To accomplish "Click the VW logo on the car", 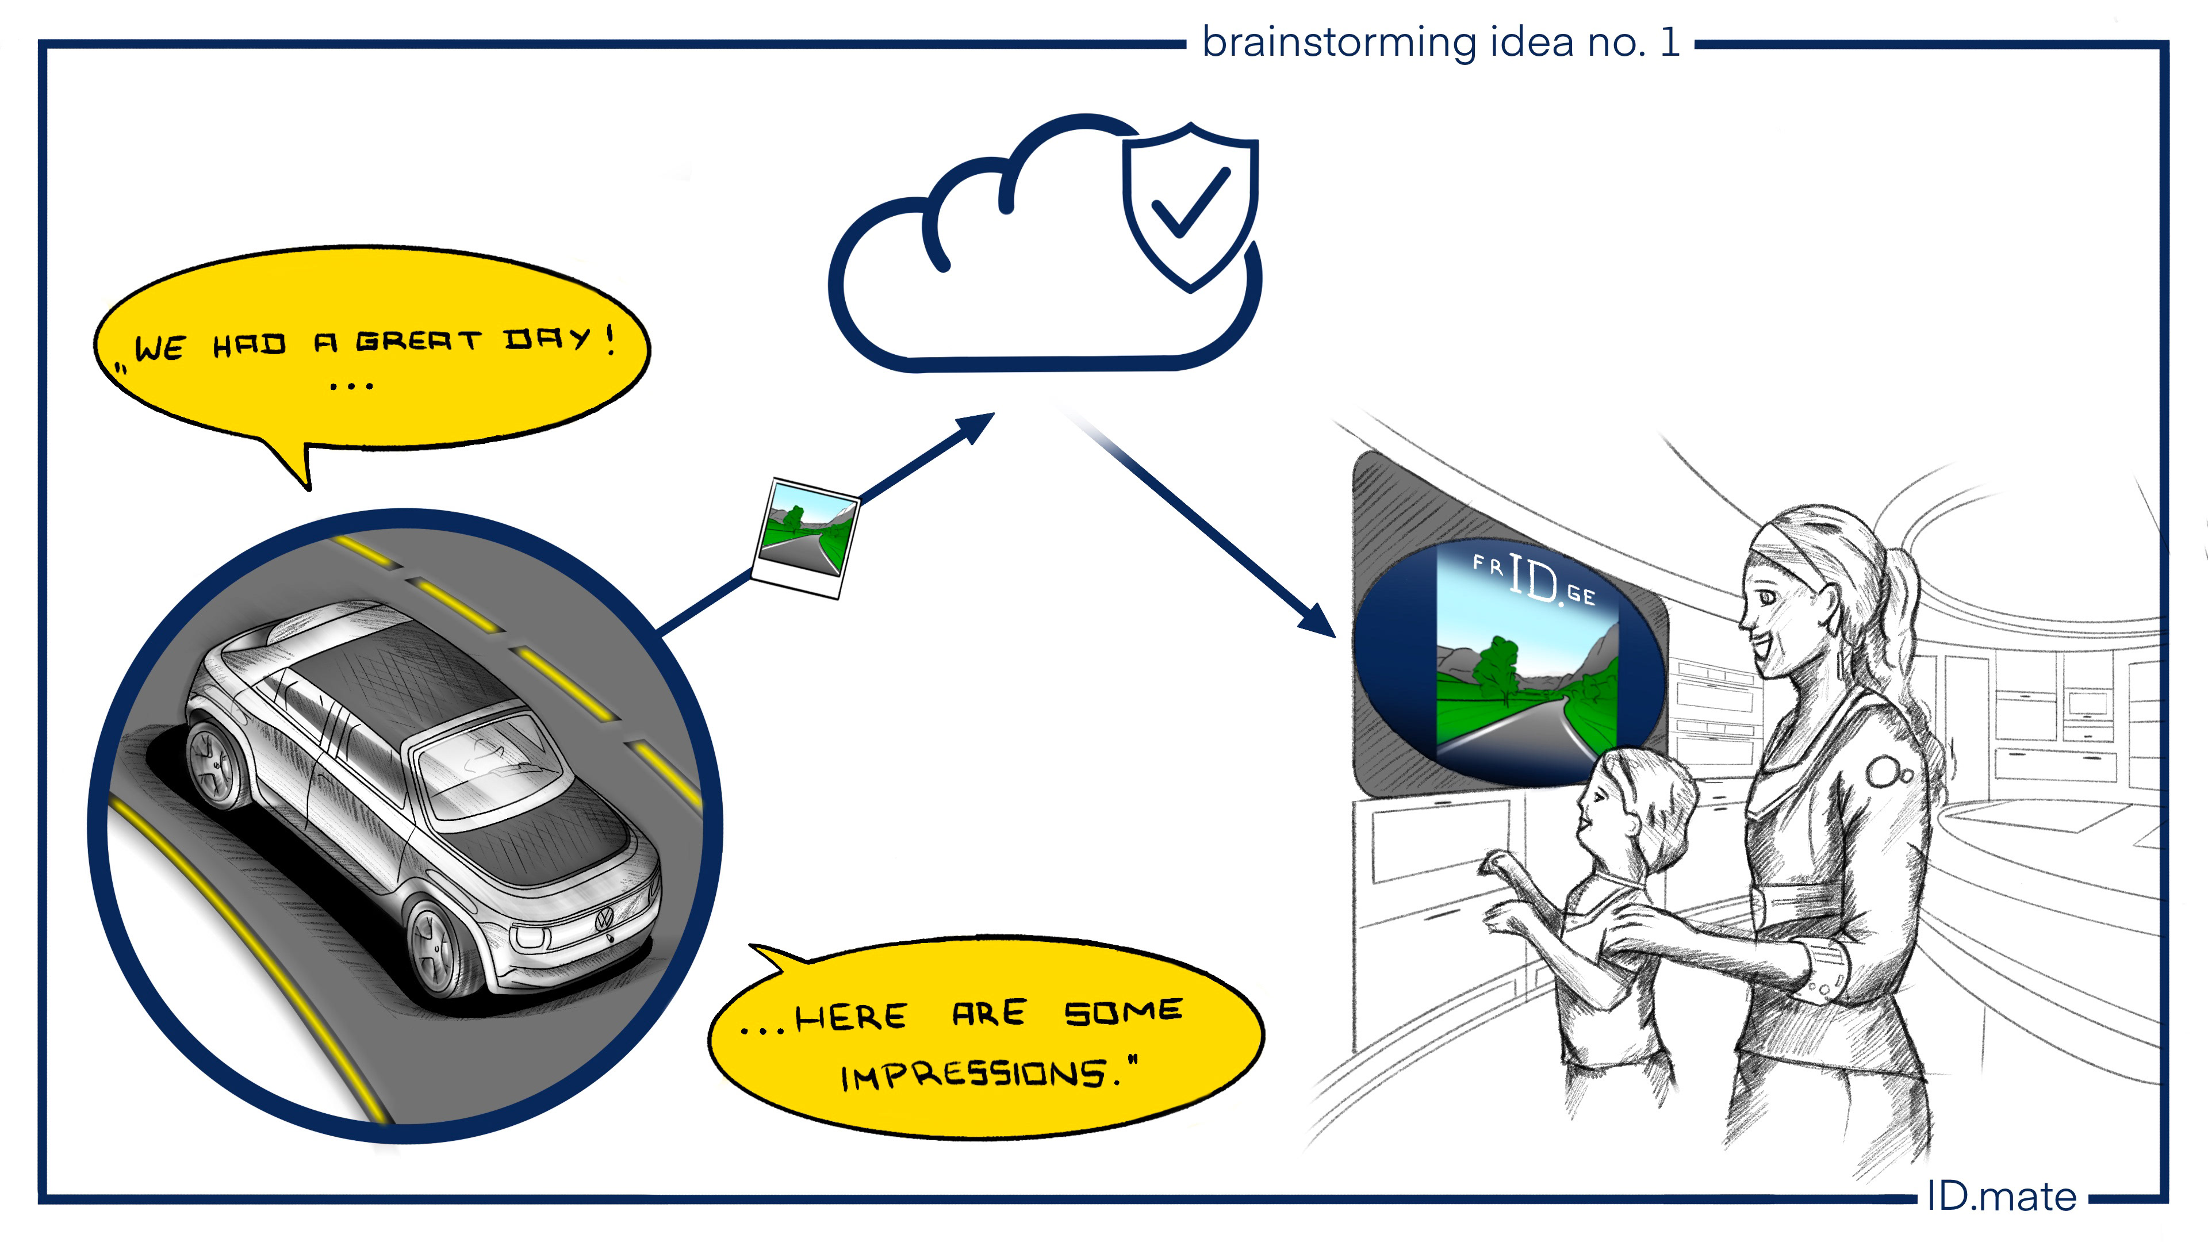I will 604,921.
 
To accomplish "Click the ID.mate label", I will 2002,1197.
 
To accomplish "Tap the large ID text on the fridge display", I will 1534,578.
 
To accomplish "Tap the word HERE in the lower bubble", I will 850,1017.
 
